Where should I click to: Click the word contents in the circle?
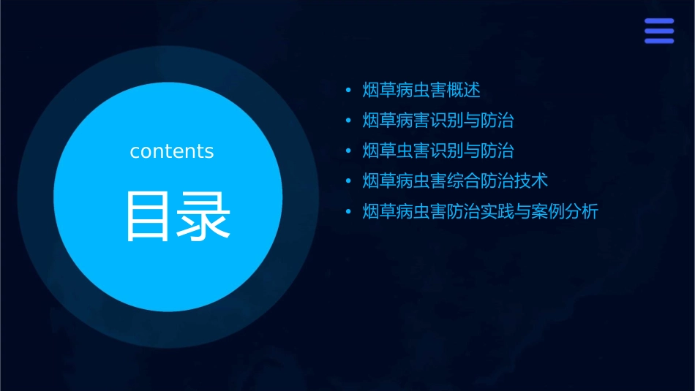click(x=172, y=151)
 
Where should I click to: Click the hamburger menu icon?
click(x=659, y=31)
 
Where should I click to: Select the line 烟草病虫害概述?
click(x=421, y=91)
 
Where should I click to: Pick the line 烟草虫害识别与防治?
click(x=438, y=151)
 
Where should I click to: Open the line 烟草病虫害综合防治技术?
click(x=455, y=181)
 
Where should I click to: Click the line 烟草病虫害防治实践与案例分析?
click(x=481, y=212)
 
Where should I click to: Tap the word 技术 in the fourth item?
click(x=531, y=181)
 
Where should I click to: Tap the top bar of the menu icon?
click(x=659, y=22)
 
